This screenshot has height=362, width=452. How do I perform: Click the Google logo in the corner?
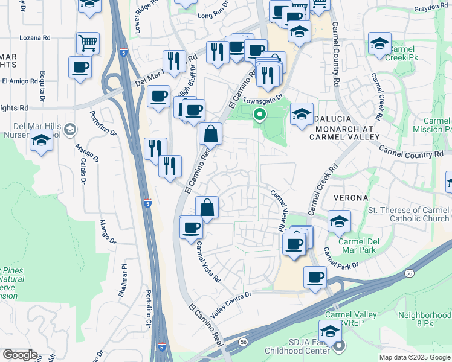pyautogui.click(x=20, y=355)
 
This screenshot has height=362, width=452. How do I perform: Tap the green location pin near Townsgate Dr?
pyautogui.click(x=260, y=114)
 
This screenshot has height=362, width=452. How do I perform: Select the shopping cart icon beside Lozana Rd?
pyautogui.click(x=88, y=43)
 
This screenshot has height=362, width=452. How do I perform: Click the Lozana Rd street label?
pyautogui.click(x=35, y=37)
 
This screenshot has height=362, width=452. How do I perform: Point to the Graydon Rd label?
pyautogui.click(x=430, y=8)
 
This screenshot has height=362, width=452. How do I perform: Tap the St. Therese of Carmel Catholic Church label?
pyautogui.click(x=409, y=215)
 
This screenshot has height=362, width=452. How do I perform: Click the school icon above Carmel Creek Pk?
pyautogui.click(x=379, y=43)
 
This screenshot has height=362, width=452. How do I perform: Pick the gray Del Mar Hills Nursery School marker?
pyautogui.click(x=71, y=129)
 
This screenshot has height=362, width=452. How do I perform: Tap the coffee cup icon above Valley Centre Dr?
pyautogui.click(x=314, y=276)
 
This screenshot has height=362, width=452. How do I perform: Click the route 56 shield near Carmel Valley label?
pyautogui.click(x=243, y=341)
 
